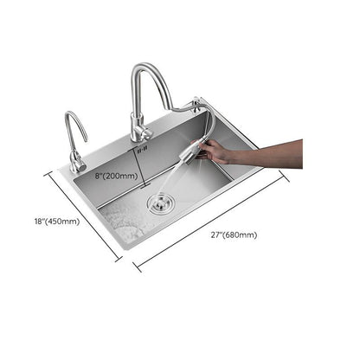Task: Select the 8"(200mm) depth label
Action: click(116, 177)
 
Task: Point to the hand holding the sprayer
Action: click(217, 152)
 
